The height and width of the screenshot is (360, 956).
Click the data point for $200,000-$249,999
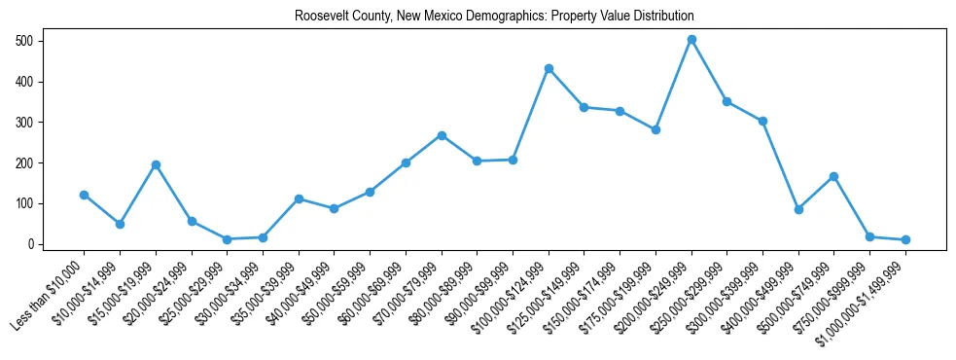[x=691, y=40]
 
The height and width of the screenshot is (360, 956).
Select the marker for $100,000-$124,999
[x=549, y=68]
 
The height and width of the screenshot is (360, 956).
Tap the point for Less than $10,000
[x=84, y=195]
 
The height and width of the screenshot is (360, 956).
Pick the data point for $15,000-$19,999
[x=156, y=164]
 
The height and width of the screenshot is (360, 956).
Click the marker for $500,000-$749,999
[x=834, y=176]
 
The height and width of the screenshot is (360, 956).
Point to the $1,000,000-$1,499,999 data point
[x=905, y=239]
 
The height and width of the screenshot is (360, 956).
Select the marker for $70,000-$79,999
[x=442, y=135]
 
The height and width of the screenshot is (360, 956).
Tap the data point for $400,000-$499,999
[x=798, y=209]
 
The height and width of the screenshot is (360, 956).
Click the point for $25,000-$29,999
[x=227, y=239]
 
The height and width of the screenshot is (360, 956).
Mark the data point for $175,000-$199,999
[x=655, y=129]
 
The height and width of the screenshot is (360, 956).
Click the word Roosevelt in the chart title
[x=290, y=17]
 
